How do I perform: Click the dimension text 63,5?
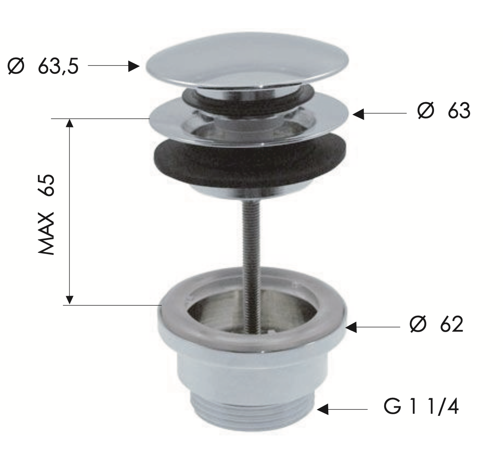coord(58,67)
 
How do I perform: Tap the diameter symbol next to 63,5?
coord(16,66)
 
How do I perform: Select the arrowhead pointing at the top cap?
coord(134,66)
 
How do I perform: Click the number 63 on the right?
coord(459,111)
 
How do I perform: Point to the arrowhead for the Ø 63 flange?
coord(358,114)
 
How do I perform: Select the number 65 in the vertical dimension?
coord(46,185)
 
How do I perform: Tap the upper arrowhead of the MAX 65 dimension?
coord(69,123)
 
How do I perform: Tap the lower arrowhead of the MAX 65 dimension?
coord(69,300)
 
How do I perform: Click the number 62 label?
coord(452,324)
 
